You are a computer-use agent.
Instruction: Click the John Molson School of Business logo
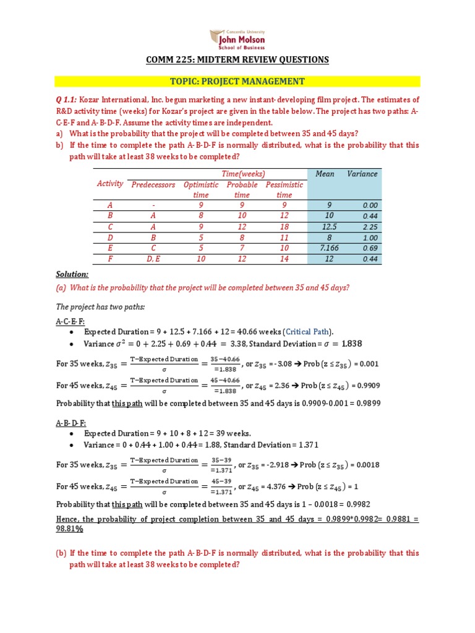(x=237, y=39)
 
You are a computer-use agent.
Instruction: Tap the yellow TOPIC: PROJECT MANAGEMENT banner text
(x=237, y=81)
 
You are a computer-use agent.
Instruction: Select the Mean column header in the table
(x=325, y=174)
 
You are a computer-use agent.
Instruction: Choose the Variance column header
(x=362, y=174)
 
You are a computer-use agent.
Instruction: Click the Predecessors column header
(x=153, y=185)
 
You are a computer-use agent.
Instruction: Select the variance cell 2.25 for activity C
(x=369, y=227)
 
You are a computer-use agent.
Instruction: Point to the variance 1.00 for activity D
(x=369, y=238)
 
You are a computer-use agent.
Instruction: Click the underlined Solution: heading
(x=72, y=273)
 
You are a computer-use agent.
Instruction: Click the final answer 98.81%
(x=70, y=529)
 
